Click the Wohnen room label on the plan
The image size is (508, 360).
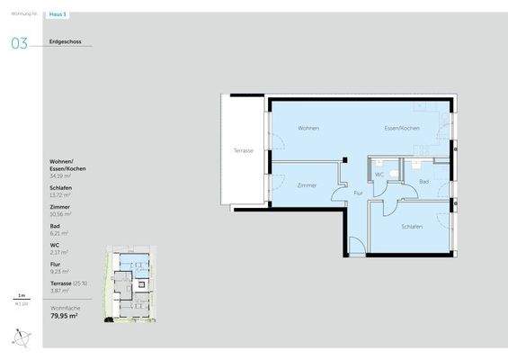309,129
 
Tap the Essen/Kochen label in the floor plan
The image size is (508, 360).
402,129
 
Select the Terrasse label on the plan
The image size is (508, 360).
243,150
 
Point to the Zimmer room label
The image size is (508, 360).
306,184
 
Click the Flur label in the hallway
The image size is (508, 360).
358,193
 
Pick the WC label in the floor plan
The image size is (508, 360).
379,175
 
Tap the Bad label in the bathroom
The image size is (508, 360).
423,183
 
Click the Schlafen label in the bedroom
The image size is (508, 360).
413,226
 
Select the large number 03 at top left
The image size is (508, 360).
20,42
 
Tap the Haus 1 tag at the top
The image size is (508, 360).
59,15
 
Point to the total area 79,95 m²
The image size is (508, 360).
63,316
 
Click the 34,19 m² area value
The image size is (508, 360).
60,176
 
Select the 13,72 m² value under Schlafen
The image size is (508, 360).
60,195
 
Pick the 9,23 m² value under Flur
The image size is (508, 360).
59,271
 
